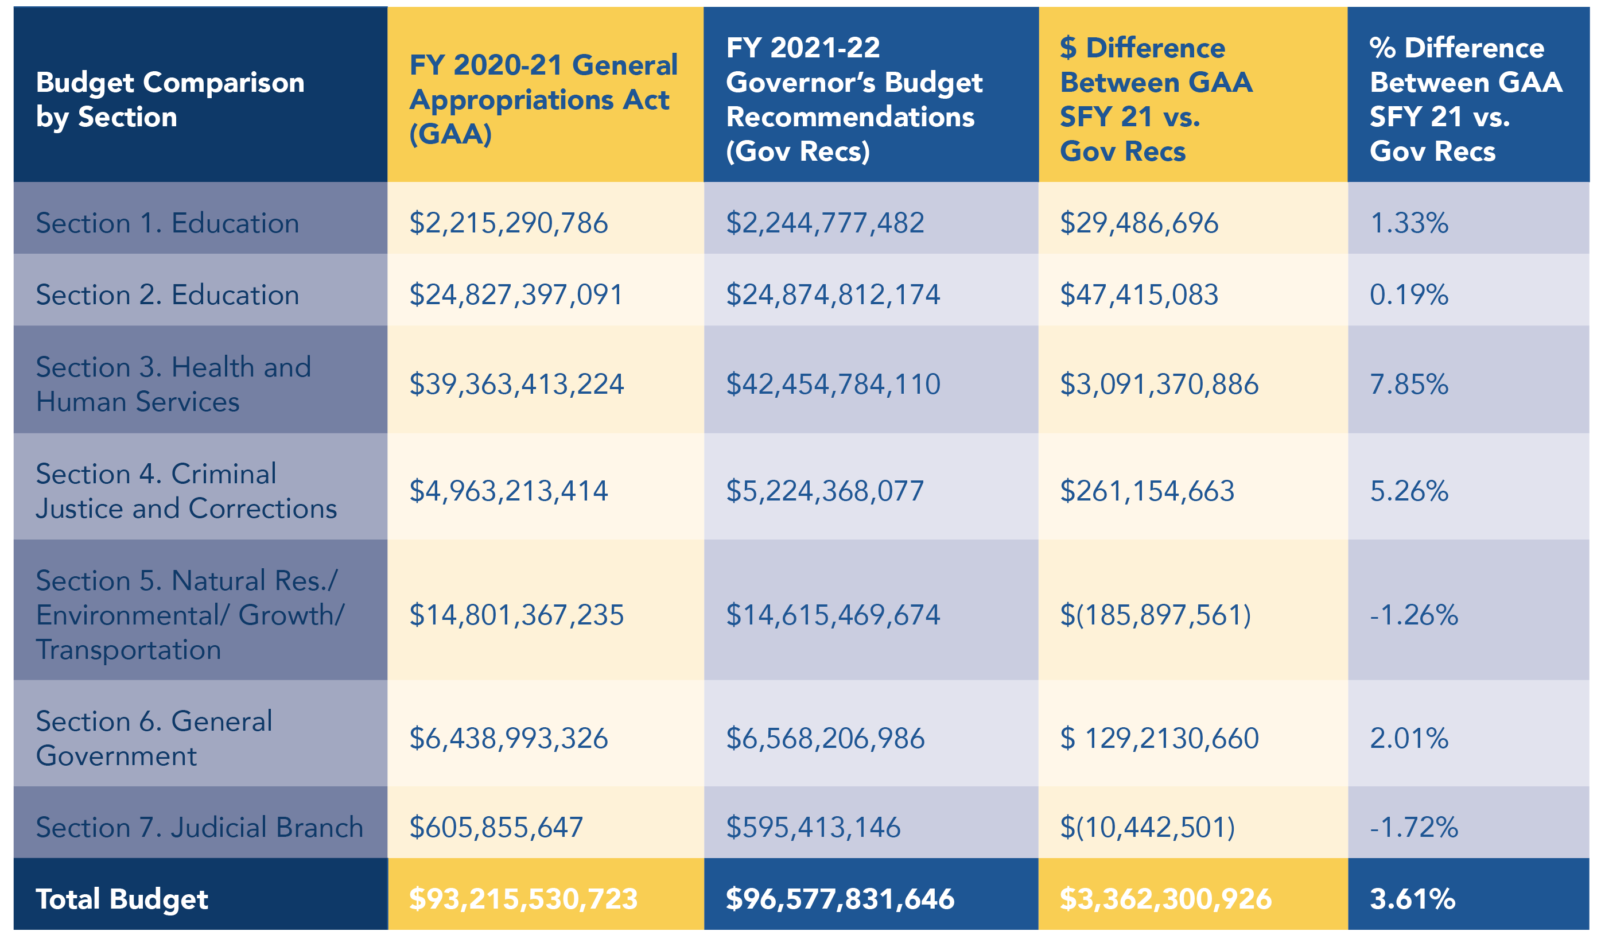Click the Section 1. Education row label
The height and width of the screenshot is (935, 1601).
coord(167,223)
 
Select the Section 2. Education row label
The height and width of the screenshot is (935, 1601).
coord(167,295)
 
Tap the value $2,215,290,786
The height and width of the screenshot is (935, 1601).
coord(508,223)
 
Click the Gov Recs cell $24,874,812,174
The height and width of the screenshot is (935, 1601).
coord(832,295)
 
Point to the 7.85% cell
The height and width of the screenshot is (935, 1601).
coord(1409,384)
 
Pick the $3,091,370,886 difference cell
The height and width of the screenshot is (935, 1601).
coord(1159,384)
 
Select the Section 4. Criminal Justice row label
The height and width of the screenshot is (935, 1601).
coord(185,491)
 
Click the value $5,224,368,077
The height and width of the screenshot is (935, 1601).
coord(825,491)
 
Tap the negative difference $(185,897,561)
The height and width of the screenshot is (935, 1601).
coord(1155,615)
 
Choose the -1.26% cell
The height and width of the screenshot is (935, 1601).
coord(1413,615)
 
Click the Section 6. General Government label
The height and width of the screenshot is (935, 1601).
coord(154,738)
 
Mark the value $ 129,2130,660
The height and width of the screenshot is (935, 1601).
coord(1159,738)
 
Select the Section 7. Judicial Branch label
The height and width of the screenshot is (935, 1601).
coord(199,827)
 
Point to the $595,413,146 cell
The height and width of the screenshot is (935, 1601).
coord(813,827)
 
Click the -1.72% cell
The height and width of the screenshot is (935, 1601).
coord(1413,827)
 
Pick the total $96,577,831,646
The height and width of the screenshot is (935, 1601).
coord(840,899)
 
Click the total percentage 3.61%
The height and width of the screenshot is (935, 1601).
coord(1412,899)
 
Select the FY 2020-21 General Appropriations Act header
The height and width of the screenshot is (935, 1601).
coord(543,99)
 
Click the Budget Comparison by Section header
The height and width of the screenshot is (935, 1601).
coord(170,99)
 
